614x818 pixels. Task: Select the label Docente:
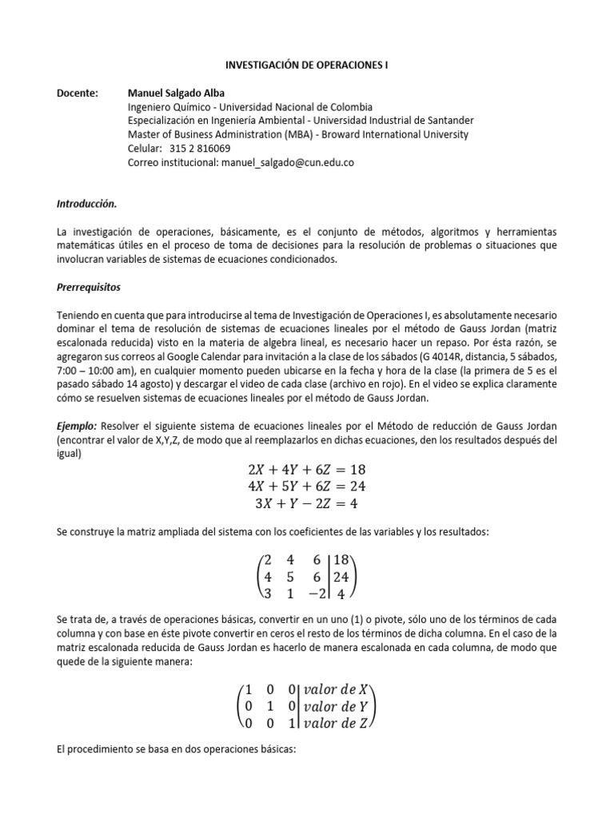tap(77, 93)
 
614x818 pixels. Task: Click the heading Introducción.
tap(86, 204)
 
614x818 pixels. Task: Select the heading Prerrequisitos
tap(90, 287)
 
